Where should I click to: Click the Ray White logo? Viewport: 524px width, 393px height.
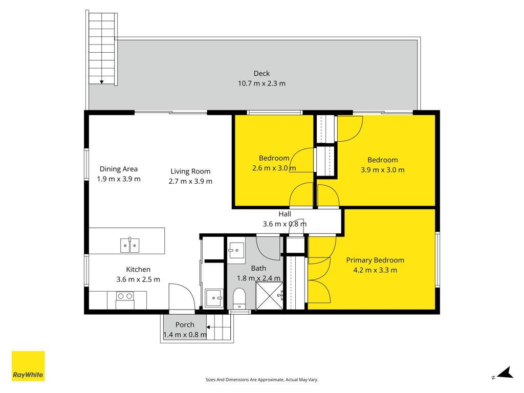point(28,366)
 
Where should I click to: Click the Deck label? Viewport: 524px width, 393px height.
point(261,74)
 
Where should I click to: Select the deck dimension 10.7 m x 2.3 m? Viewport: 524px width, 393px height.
point(261,83)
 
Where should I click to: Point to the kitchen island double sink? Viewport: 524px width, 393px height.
point(129,245)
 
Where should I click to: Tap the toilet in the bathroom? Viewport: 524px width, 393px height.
point(239,298)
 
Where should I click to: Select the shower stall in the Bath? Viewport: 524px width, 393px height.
point(269,296)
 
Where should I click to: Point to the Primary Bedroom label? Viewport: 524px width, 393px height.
point(375,260)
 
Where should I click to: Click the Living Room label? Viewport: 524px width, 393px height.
point(190,171)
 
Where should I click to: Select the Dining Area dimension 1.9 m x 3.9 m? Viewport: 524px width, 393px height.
point(119,179)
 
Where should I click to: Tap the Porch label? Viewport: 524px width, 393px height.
point(185,325)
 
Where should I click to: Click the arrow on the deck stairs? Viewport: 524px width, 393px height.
point(102,82)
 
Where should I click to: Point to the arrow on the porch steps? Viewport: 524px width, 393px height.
point(209,327)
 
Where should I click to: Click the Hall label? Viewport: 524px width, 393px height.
point(285,214)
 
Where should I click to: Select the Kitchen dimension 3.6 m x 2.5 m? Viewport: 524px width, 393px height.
point(138,279)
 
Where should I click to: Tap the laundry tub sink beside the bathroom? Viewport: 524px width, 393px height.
point(214,298)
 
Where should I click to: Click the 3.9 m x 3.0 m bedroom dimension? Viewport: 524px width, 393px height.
point(383,170)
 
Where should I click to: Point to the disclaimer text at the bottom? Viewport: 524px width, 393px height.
point(261,380)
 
